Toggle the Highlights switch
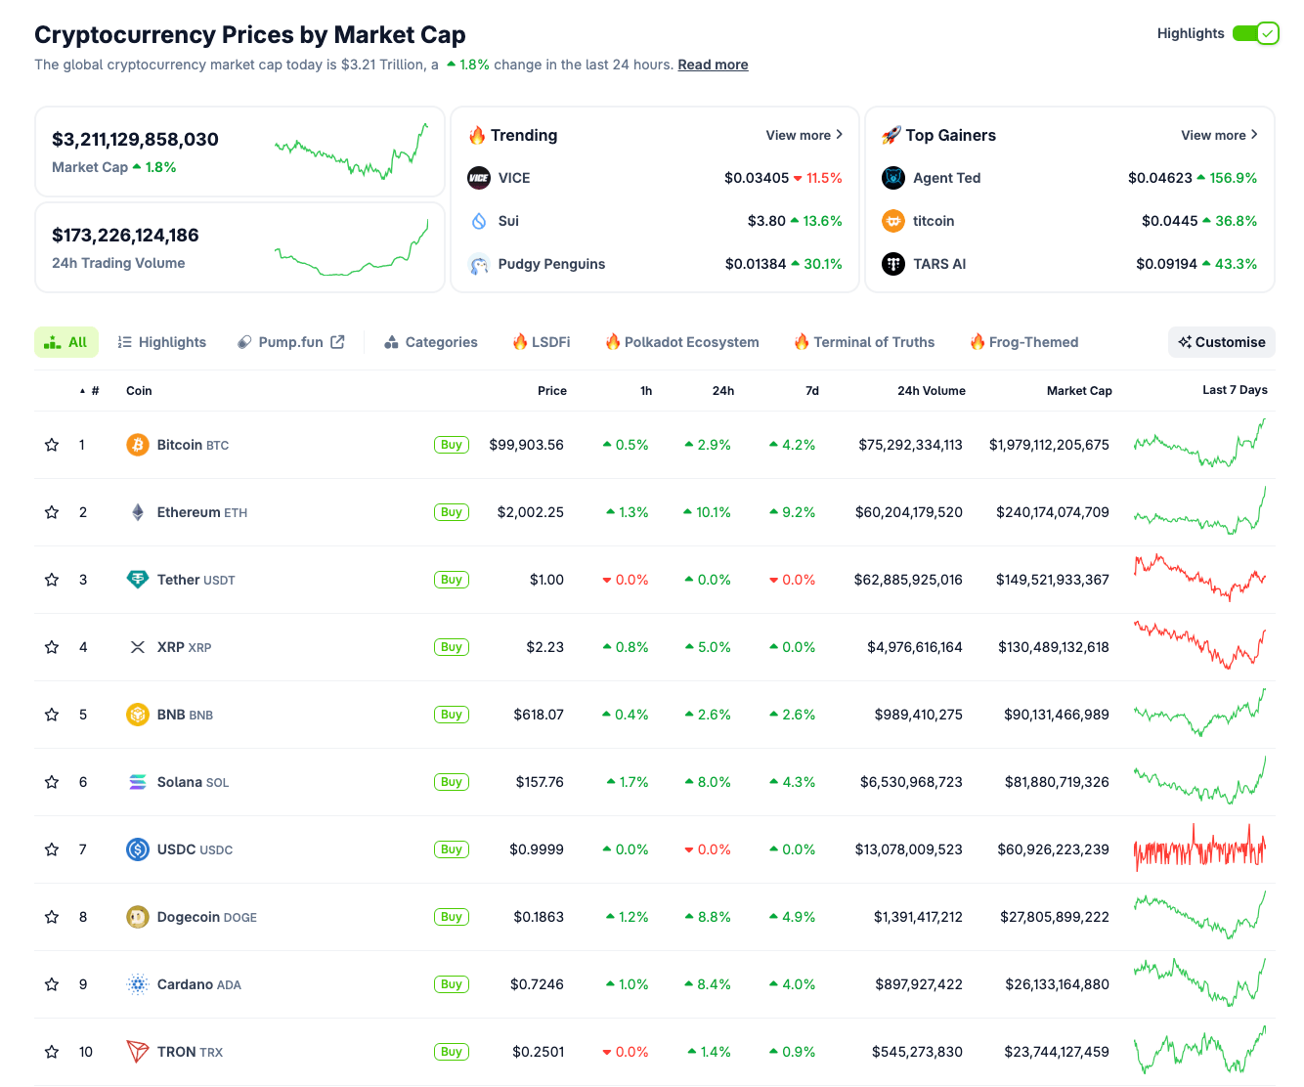tap(1255, 33)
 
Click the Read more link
tap(713, 65)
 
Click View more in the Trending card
tap(804, 135)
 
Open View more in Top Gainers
tap(1219, 135)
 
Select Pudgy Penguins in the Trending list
tap(551, 264)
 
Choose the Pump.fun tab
tap(291, 342)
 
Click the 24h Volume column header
tap(931, 391)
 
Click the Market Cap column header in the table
tap(1079, 391)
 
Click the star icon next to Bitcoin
tap(52, 445)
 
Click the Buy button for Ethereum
tap(451, 512)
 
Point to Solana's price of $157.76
tap(540, 782)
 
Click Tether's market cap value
tap(1052, 580)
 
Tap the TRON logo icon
tap(138, 1052)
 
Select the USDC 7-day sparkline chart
tap(1199, 848)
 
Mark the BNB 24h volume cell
tap(918, 715)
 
